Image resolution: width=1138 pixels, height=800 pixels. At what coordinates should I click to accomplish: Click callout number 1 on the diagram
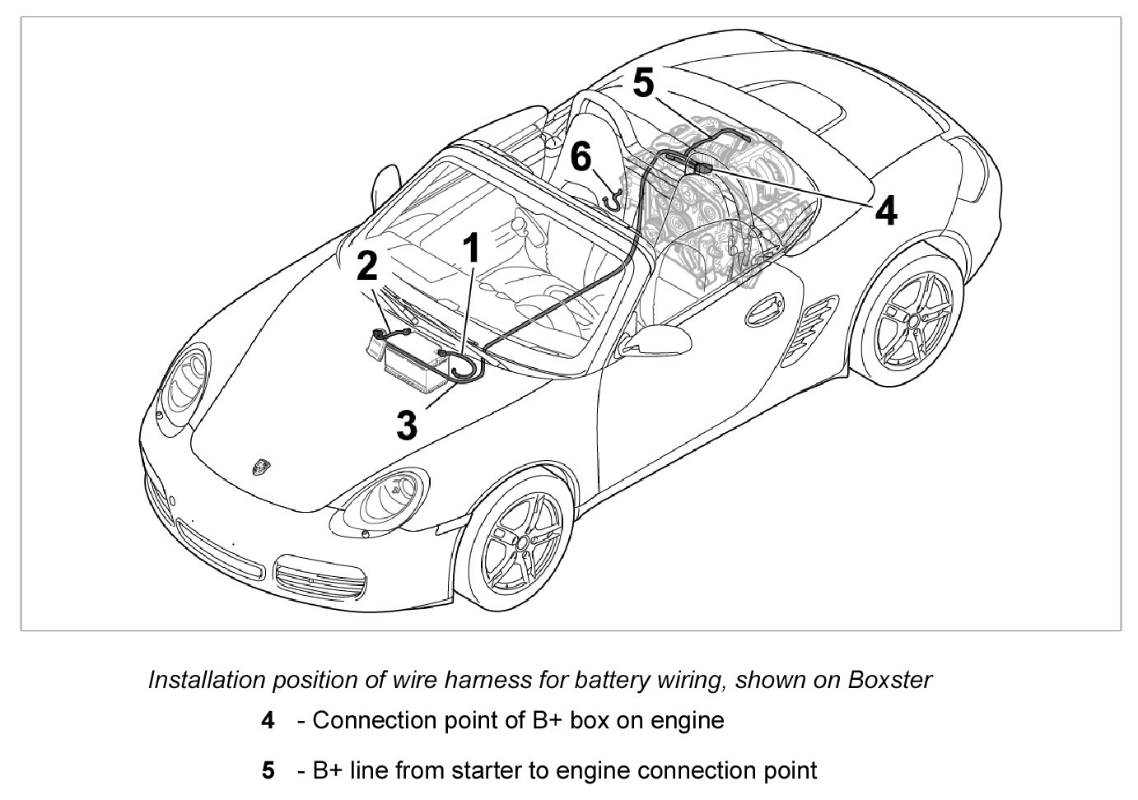[x=471, y=248]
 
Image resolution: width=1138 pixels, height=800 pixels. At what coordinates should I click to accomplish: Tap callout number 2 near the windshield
[x=367, y=266]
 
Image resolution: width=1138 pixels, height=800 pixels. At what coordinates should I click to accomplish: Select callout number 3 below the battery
[x=407, y=426]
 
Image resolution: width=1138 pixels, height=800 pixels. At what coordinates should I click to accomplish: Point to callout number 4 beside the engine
[x=885, y=212]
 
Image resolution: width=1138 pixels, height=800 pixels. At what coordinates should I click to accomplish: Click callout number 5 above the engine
[x=642, y=83]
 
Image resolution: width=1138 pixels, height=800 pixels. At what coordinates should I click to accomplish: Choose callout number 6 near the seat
[x=581, y=156]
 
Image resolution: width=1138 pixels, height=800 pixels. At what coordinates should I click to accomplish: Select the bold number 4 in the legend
[x=268, y=721]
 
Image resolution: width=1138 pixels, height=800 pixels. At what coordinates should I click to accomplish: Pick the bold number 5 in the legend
[x=268, y=771]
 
